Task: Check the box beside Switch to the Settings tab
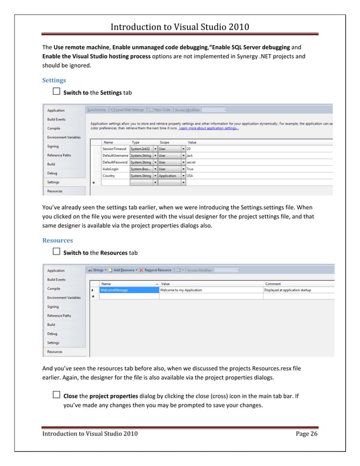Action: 56,92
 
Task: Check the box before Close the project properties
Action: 56,395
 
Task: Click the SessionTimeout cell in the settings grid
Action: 115,148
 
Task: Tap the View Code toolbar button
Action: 162,110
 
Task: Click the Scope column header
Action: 164,142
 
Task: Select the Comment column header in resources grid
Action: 273,284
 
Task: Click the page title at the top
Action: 179,27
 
